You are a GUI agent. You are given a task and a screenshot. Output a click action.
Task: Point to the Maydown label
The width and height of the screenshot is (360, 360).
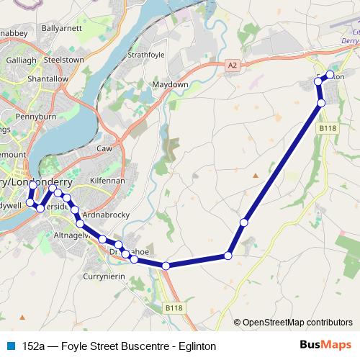pos(171,84)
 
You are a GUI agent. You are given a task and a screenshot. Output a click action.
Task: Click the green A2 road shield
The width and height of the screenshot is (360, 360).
pos(231,64)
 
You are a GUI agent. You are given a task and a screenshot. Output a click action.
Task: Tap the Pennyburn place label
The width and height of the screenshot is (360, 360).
pos(37,114)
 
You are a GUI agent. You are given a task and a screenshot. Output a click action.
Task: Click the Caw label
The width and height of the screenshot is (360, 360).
pos(104,148)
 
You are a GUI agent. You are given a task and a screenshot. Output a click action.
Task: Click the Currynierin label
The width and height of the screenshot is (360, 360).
pos(104,276)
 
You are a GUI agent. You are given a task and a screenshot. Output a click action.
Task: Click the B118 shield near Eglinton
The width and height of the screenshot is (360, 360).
pos(328,127)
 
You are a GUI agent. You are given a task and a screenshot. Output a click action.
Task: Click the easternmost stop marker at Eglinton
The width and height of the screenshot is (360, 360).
pos(330,74)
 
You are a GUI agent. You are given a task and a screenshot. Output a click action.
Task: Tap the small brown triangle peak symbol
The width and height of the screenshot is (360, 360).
pos(255,175)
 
